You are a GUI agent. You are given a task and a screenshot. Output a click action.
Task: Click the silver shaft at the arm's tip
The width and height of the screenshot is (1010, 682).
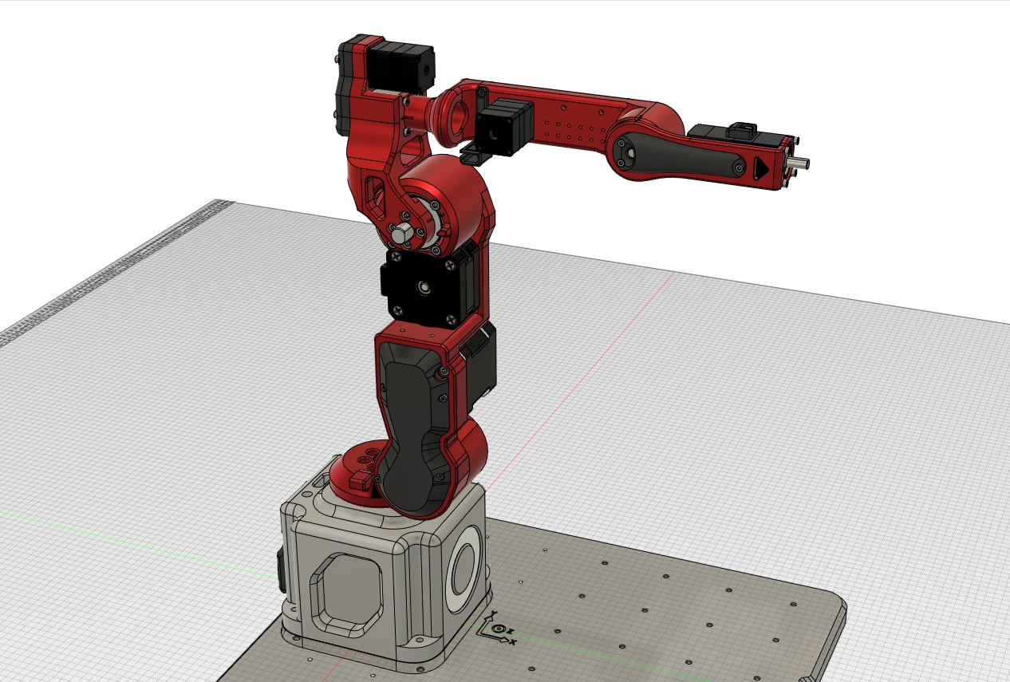pos(801,164)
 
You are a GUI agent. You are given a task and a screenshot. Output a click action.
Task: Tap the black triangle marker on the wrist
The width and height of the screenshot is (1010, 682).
pos(760,168)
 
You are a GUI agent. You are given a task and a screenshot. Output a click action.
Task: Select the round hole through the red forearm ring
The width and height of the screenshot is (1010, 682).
pos(460,114)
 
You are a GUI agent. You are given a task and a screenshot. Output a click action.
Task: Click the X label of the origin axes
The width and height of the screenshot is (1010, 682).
pos(513,641)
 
